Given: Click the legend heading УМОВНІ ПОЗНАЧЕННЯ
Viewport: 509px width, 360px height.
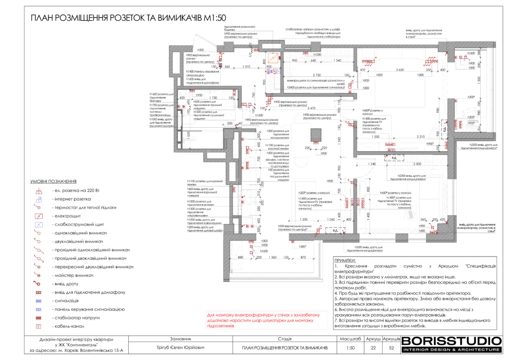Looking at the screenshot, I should [54, 182].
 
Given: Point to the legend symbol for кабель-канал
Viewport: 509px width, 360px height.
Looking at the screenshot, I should [37, 326].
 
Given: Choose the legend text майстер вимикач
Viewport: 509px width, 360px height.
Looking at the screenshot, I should [73, 275].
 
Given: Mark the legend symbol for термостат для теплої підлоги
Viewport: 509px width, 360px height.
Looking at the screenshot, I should [37, 207].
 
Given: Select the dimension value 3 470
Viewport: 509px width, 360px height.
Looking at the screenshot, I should [312, 108].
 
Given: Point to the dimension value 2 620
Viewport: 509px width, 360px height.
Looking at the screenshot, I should [396, 70].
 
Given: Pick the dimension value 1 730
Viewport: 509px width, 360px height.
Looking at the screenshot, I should [213, 98].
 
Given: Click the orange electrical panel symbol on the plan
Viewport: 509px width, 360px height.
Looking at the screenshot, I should [272, 56].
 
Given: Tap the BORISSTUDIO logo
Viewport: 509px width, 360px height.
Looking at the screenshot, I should [451, 343].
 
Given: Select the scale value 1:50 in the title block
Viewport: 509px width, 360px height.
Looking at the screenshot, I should [350, 348].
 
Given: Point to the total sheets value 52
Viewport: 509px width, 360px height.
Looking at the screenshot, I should [391, 348].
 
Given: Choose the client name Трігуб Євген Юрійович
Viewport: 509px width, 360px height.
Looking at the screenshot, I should [181, 348].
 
